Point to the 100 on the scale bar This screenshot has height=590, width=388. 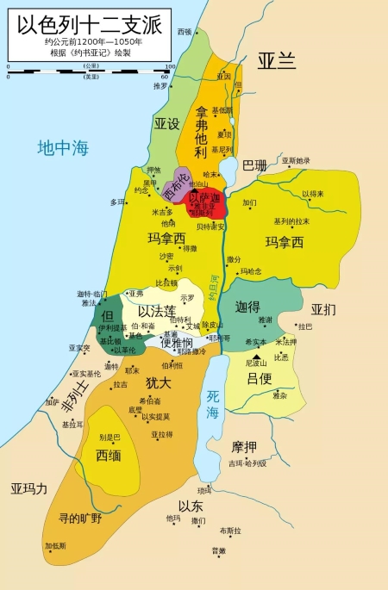tap(170, 66)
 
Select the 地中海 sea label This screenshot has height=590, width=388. tap(63, 148)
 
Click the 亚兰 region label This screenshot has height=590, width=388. tap(276, 60)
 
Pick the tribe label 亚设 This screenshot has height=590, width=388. tap(167, 124)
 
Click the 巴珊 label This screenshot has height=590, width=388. tap(254, 165)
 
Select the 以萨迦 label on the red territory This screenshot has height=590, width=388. tap(204, 198)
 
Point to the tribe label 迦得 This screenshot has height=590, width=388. tap(247, 306)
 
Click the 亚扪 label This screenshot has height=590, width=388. tap(323, 309)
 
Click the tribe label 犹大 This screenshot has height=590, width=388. tap(158, 382)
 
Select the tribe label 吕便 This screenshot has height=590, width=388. tap(259, 378)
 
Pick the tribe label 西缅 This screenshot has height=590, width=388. tap(108, 455)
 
